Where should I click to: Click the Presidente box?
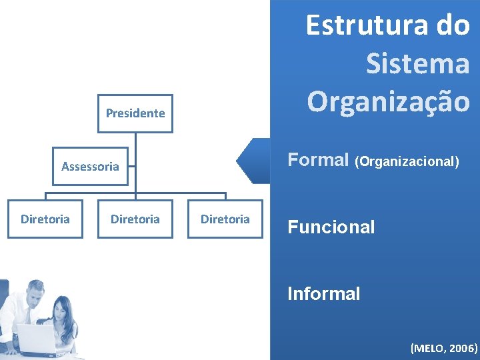pyautogui.click(x=135, y=113)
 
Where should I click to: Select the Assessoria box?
pyautogui.click(x=90, y=166)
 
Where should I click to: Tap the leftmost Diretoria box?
pyautogui.click(x=45, y=219)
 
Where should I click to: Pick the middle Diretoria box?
pyautogui.click(x=135, y=219)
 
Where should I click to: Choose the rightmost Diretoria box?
pyautogui.click(x=225, y=219)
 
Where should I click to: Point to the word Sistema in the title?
pyautogui.click(x=418, y=64)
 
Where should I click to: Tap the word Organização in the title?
pyautogui.click(x=389, y=101)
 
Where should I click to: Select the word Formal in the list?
pyautogui.click(x=318, y=160)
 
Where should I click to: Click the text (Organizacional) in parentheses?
pyautogui.click(x=407, y=161)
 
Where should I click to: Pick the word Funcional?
pyautogui.click(x=331, y=227)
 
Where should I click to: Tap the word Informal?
pyautogui.click(x=323, y=293)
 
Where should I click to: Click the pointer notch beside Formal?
pyautogui.click(x=248, y=161)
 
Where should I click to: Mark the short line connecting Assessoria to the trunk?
pyautogui.click(x=131, y=166)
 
